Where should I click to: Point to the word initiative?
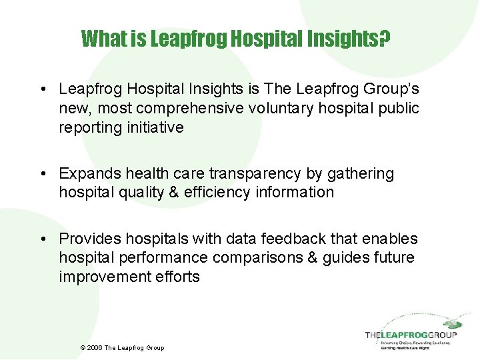(x=155, y=127)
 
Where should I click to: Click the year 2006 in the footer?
(x=95, y=348)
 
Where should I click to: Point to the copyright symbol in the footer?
(x=83, y=348)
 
